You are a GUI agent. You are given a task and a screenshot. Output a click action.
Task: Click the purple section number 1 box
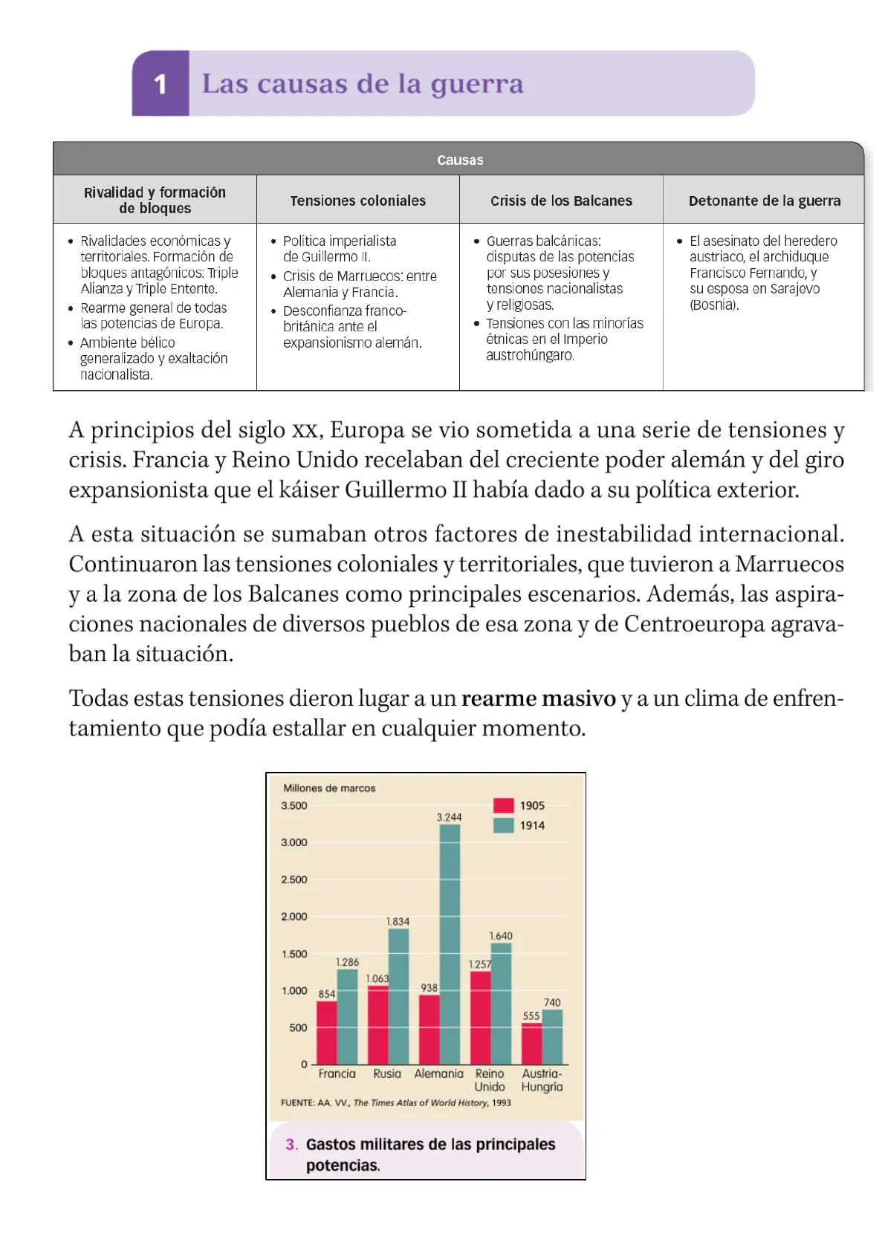161,84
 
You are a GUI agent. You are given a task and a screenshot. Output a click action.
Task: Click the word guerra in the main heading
477,85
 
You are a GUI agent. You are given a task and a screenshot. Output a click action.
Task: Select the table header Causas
459,160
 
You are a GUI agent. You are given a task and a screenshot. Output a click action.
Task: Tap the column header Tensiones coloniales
357,201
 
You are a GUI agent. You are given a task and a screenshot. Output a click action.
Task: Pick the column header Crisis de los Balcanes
561,201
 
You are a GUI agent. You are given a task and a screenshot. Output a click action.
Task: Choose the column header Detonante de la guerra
764,201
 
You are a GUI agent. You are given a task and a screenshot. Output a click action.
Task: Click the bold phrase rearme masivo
538,698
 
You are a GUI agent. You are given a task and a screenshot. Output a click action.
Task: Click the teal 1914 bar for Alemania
450,943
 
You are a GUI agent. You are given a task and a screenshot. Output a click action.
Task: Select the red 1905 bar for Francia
327,1033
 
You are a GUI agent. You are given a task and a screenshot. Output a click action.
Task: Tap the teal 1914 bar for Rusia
398,995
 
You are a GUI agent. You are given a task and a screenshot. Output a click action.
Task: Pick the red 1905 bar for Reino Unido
480,1018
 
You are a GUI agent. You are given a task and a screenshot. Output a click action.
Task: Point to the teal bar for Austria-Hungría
552,1037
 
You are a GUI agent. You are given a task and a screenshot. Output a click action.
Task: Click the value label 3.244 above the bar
449,817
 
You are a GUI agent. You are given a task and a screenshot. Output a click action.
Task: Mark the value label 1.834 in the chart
398,921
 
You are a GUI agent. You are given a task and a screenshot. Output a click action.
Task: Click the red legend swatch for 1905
503,805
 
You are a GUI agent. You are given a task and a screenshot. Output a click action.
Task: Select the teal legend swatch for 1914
503,825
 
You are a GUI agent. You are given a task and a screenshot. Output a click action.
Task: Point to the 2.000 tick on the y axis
294,917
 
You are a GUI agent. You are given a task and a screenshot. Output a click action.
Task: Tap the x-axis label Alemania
438,1073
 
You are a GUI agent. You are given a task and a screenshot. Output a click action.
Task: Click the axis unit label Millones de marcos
329,788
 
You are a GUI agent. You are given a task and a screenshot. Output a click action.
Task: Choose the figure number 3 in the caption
291,1145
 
